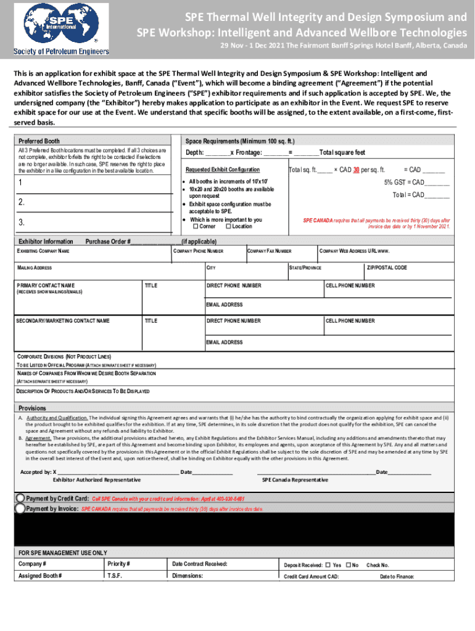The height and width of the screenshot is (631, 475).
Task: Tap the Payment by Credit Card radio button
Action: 20,498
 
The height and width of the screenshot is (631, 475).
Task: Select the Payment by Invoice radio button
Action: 20,508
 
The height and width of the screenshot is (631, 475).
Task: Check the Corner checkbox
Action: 196,227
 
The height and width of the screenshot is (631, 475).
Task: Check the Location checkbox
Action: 229,227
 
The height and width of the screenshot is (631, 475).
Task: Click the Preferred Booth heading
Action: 39,140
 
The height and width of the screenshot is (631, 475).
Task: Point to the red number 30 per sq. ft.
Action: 356,169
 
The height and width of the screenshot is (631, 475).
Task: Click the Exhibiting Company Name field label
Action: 43,251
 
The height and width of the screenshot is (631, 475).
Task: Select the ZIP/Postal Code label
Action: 387,268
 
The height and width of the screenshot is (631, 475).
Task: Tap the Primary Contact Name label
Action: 46,285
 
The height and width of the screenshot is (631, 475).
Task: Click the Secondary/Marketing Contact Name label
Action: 64,320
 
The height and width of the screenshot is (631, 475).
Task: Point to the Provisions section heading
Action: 32,408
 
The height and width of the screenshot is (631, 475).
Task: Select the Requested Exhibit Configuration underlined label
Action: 223,169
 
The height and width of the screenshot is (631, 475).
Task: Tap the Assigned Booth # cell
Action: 39,576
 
